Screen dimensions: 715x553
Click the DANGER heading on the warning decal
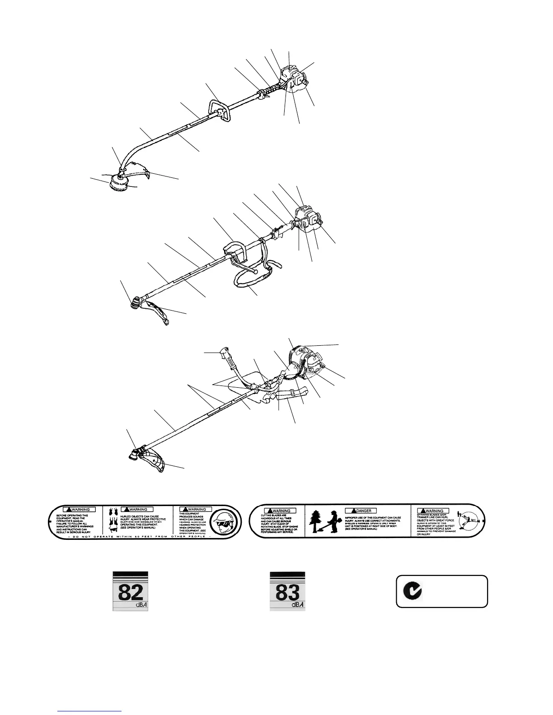[361, 511]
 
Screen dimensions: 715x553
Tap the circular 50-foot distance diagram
[470, 522]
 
